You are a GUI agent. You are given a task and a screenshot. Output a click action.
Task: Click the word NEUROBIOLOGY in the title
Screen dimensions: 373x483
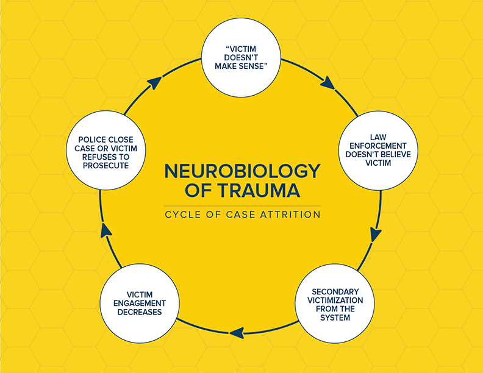tap(241, 171)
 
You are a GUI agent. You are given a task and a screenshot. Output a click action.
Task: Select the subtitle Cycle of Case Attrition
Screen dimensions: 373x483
tap(241, 215)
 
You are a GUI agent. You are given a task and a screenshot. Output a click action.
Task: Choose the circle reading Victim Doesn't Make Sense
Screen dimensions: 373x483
tap(241, 60)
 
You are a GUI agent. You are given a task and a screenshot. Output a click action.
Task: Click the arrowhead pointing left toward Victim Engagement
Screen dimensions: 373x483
tap(236, 332)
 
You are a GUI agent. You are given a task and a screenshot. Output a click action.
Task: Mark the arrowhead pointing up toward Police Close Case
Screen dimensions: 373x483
tap(106, 230)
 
